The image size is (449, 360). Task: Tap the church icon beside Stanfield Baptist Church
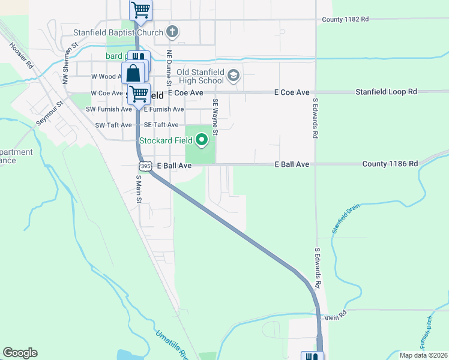(172, 31)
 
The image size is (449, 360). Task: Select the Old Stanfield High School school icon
(234, 75)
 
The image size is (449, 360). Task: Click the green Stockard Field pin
(202, 140)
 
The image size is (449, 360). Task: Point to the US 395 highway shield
(144, 165)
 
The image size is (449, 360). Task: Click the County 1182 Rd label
(345, 19)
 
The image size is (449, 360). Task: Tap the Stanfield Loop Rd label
(386, 92)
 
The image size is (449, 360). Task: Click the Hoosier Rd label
(21, 54)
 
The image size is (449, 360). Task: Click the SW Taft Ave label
(113, 125)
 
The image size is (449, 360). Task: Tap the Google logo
(20, 353)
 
